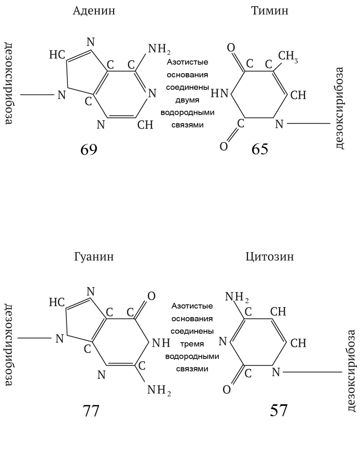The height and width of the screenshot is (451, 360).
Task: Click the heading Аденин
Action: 94,10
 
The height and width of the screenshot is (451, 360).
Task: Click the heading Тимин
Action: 269,10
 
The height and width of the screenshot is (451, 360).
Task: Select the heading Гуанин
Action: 94,256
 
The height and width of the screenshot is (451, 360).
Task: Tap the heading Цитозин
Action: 269,256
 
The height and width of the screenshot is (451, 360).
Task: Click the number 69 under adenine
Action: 89,149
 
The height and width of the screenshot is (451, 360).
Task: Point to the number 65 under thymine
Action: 260,149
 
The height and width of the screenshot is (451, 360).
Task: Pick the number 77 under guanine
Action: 91,411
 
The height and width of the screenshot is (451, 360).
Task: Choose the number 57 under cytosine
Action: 278,411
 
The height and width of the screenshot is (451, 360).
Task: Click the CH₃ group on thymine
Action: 288,56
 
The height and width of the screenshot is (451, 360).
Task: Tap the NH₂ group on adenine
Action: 159,49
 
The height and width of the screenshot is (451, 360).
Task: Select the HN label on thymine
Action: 219,94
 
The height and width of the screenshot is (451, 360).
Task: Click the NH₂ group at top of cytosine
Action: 237,298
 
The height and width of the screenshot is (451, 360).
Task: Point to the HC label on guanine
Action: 57,302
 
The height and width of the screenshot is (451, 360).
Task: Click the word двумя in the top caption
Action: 187,102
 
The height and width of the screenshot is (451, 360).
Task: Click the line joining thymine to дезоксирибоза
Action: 308,124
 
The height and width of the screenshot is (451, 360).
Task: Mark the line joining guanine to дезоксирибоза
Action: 35,338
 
